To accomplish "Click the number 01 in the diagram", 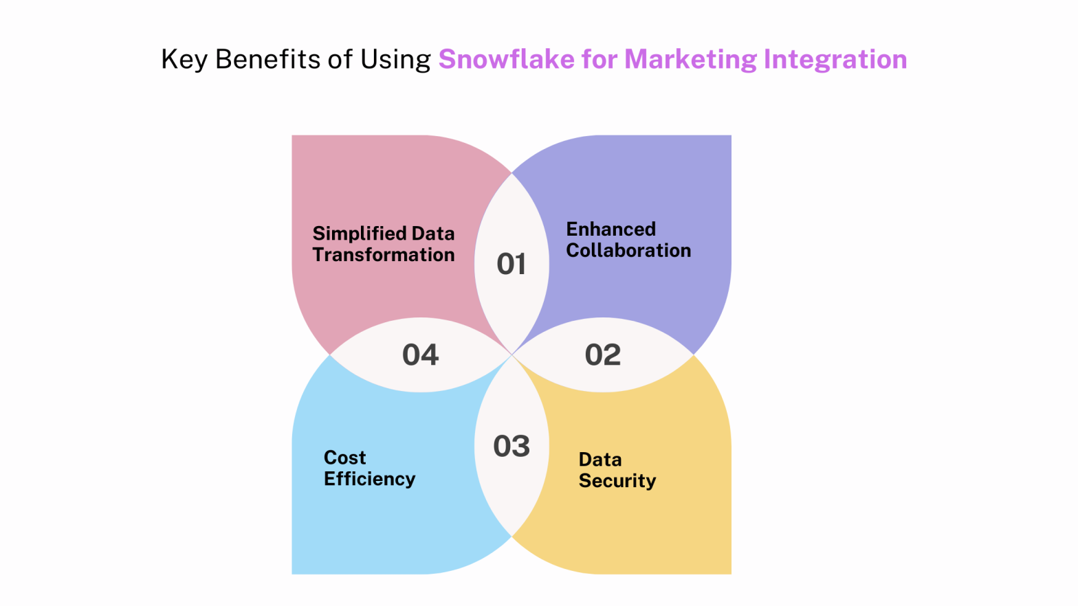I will [511, 265].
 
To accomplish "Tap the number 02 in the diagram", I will [603, 355].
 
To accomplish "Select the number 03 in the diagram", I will [511, 447].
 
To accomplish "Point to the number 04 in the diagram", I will [421, 355].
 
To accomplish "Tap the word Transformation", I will [384, 255].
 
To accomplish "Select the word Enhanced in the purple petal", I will [611, 229].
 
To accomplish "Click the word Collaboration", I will [628, 250].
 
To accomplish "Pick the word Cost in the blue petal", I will [345, 458].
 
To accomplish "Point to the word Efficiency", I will [370, 479].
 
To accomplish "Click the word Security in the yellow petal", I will [617, 481].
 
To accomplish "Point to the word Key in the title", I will [184, 60].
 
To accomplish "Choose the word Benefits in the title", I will [268, 59].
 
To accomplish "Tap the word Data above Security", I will [600, 460].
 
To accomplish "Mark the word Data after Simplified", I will [433, 234].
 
